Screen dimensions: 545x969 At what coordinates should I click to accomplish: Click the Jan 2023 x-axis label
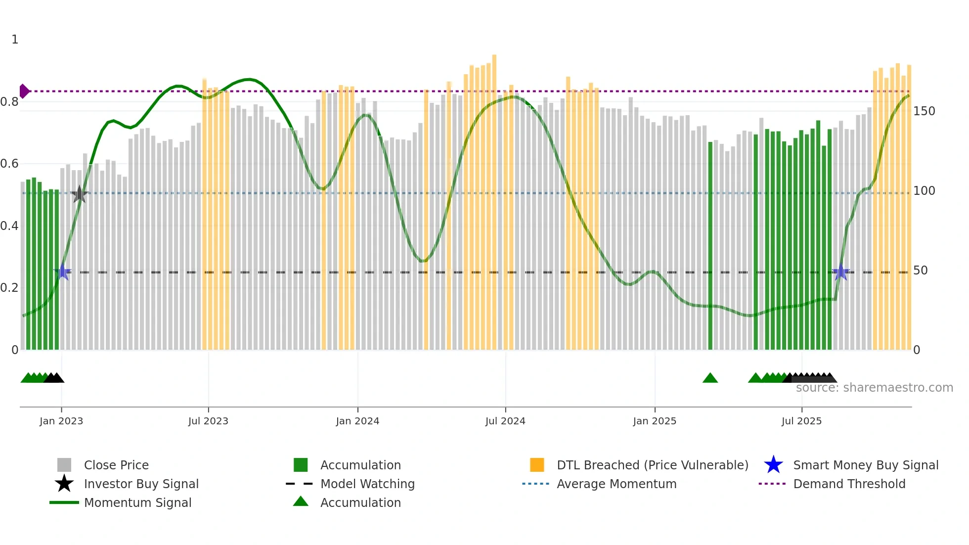(x=61, y=421)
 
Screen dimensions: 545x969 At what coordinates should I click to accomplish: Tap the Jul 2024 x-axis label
(x=505, y=421)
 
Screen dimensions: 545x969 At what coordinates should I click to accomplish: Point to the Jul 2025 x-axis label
(x=801, y=421)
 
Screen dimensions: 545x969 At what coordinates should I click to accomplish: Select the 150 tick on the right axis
(x=924, y=111)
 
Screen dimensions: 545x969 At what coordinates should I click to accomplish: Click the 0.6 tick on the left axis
(x=10, y=164)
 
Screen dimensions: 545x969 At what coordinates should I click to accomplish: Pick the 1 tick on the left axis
(x=15, y=40)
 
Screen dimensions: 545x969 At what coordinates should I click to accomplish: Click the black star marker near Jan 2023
(x=79, y=194)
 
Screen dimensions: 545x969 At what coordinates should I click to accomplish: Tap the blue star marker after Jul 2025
(x=840, y=272)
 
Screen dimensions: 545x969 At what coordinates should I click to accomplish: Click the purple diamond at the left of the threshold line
(x=24, y=91)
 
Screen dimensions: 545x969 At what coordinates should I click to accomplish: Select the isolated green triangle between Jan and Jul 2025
(x=710, y=378)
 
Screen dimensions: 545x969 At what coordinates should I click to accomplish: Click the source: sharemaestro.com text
(x=874, y=388)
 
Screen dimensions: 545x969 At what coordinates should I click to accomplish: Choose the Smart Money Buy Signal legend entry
(x=865, y=465)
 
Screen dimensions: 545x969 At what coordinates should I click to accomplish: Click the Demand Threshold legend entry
(x=849, y=484)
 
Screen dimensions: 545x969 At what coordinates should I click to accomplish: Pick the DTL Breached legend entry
(x=652, y=465)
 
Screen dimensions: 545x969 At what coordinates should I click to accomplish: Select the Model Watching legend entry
(x=367, y=484)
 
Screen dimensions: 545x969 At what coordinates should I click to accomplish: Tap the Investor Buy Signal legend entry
(x=141, y=484)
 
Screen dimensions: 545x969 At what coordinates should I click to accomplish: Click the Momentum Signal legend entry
(x=137, y=503)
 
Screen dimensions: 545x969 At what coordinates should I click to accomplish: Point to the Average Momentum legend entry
(x=616, y=484)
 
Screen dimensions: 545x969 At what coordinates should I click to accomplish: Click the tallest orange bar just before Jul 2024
(x=494, y=198)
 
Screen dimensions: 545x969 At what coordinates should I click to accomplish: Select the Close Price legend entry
(x=116, y=465)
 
